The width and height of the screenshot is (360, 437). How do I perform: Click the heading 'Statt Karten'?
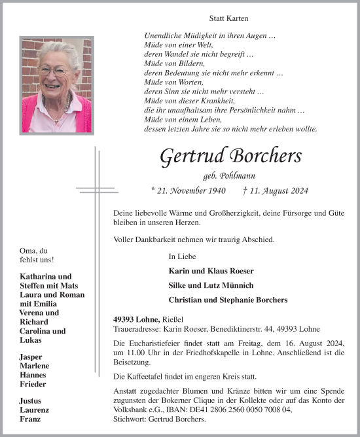coord(228,19)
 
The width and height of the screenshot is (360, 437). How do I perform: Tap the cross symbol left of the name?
coord(96,190)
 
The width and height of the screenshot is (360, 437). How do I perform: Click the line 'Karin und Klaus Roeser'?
coord(211,271)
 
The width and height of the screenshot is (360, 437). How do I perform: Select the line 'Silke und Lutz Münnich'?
coord(211,285)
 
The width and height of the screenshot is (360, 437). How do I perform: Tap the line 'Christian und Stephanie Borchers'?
coord(228,300)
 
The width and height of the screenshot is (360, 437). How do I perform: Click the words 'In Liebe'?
coord(182,256)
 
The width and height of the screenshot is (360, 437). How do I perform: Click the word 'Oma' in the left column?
coord(28,251)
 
